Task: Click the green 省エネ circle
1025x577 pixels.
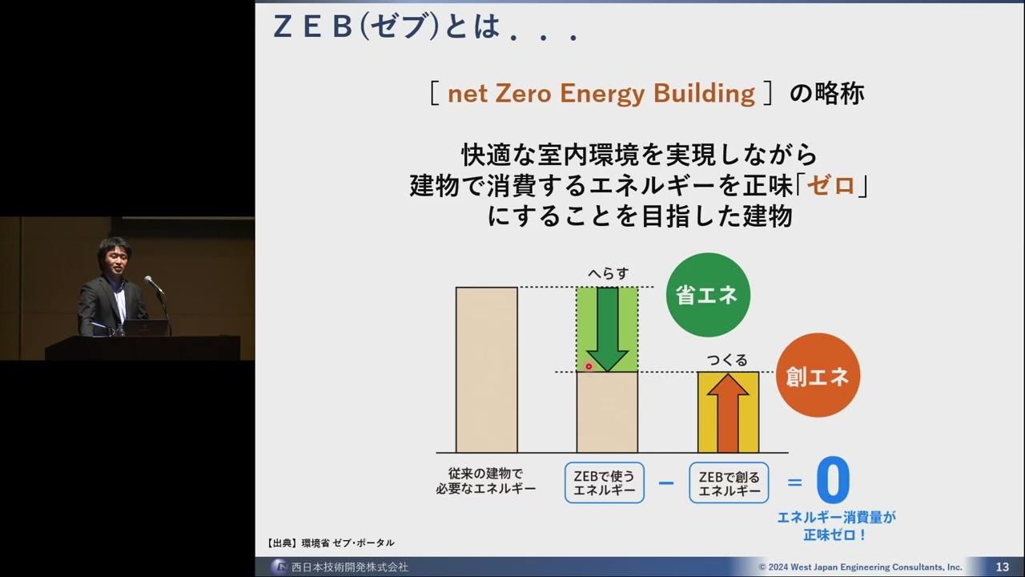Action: (x=707, y=295)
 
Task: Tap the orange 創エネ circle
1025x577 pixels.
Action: (x=818, y=375)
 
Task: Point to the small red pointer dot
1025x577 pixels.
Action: (x=589, y=367)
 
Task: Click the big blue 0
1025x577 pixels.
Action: (x=833, y=481)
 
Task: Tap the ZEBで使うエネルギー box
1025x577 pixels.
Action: (x=604, y=482)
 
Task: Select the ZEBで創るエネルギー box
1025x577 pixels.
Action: (x=729, y=482)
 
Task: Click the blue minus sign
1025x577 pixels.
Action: (x=666, y=483)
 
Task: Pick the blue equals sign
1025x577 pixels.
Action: (x=794, y=482)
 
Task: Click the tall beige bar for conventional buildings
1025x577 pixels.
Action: (x=486, y=369)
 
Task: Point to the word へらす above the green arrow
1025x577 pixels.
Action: (x=608, y=273)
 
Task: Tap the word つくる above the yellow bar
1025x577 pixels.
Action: (x=727, y=360)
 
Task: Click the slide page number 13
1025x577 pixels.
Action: (x=1002, y=567)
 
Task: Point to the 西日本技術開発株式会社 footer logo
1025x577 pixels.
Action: (x=279, y=567)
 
